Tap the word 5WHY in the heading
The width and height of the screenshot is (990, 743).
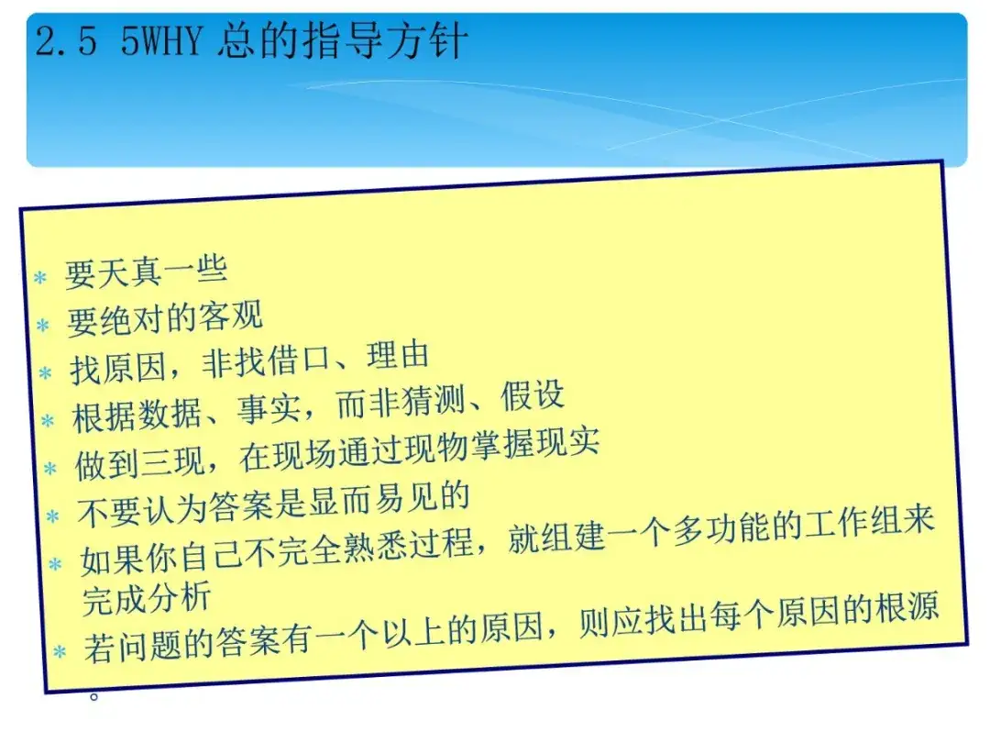point(161,42)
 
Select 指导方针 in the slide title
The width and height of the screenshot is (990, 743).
point(385,41)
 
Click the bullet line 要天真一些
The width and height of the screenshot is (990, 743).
point(146,272)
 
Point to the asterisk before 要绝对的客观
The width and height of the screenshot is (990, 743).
point(43,326)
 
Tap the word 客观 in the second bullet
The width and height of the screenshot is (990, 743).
point(230,316)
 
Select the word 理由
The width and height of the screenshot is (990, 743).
point(399,356)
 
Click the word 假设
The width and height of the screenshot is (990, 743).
point(533,396)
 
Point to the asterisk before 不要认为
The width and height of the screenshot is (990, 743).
point(53,516)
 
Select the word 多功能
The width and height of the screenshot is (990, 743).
point(720,529)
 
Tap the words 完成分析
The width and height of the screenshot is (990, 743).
point(147,598)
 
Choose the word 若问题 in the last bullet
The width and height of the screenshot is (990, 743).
point(133,647)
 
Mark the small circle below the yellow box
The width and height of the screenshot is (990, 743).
point(94,696)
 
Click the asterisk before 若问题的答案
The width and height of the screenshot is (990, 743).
point(60,651)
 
